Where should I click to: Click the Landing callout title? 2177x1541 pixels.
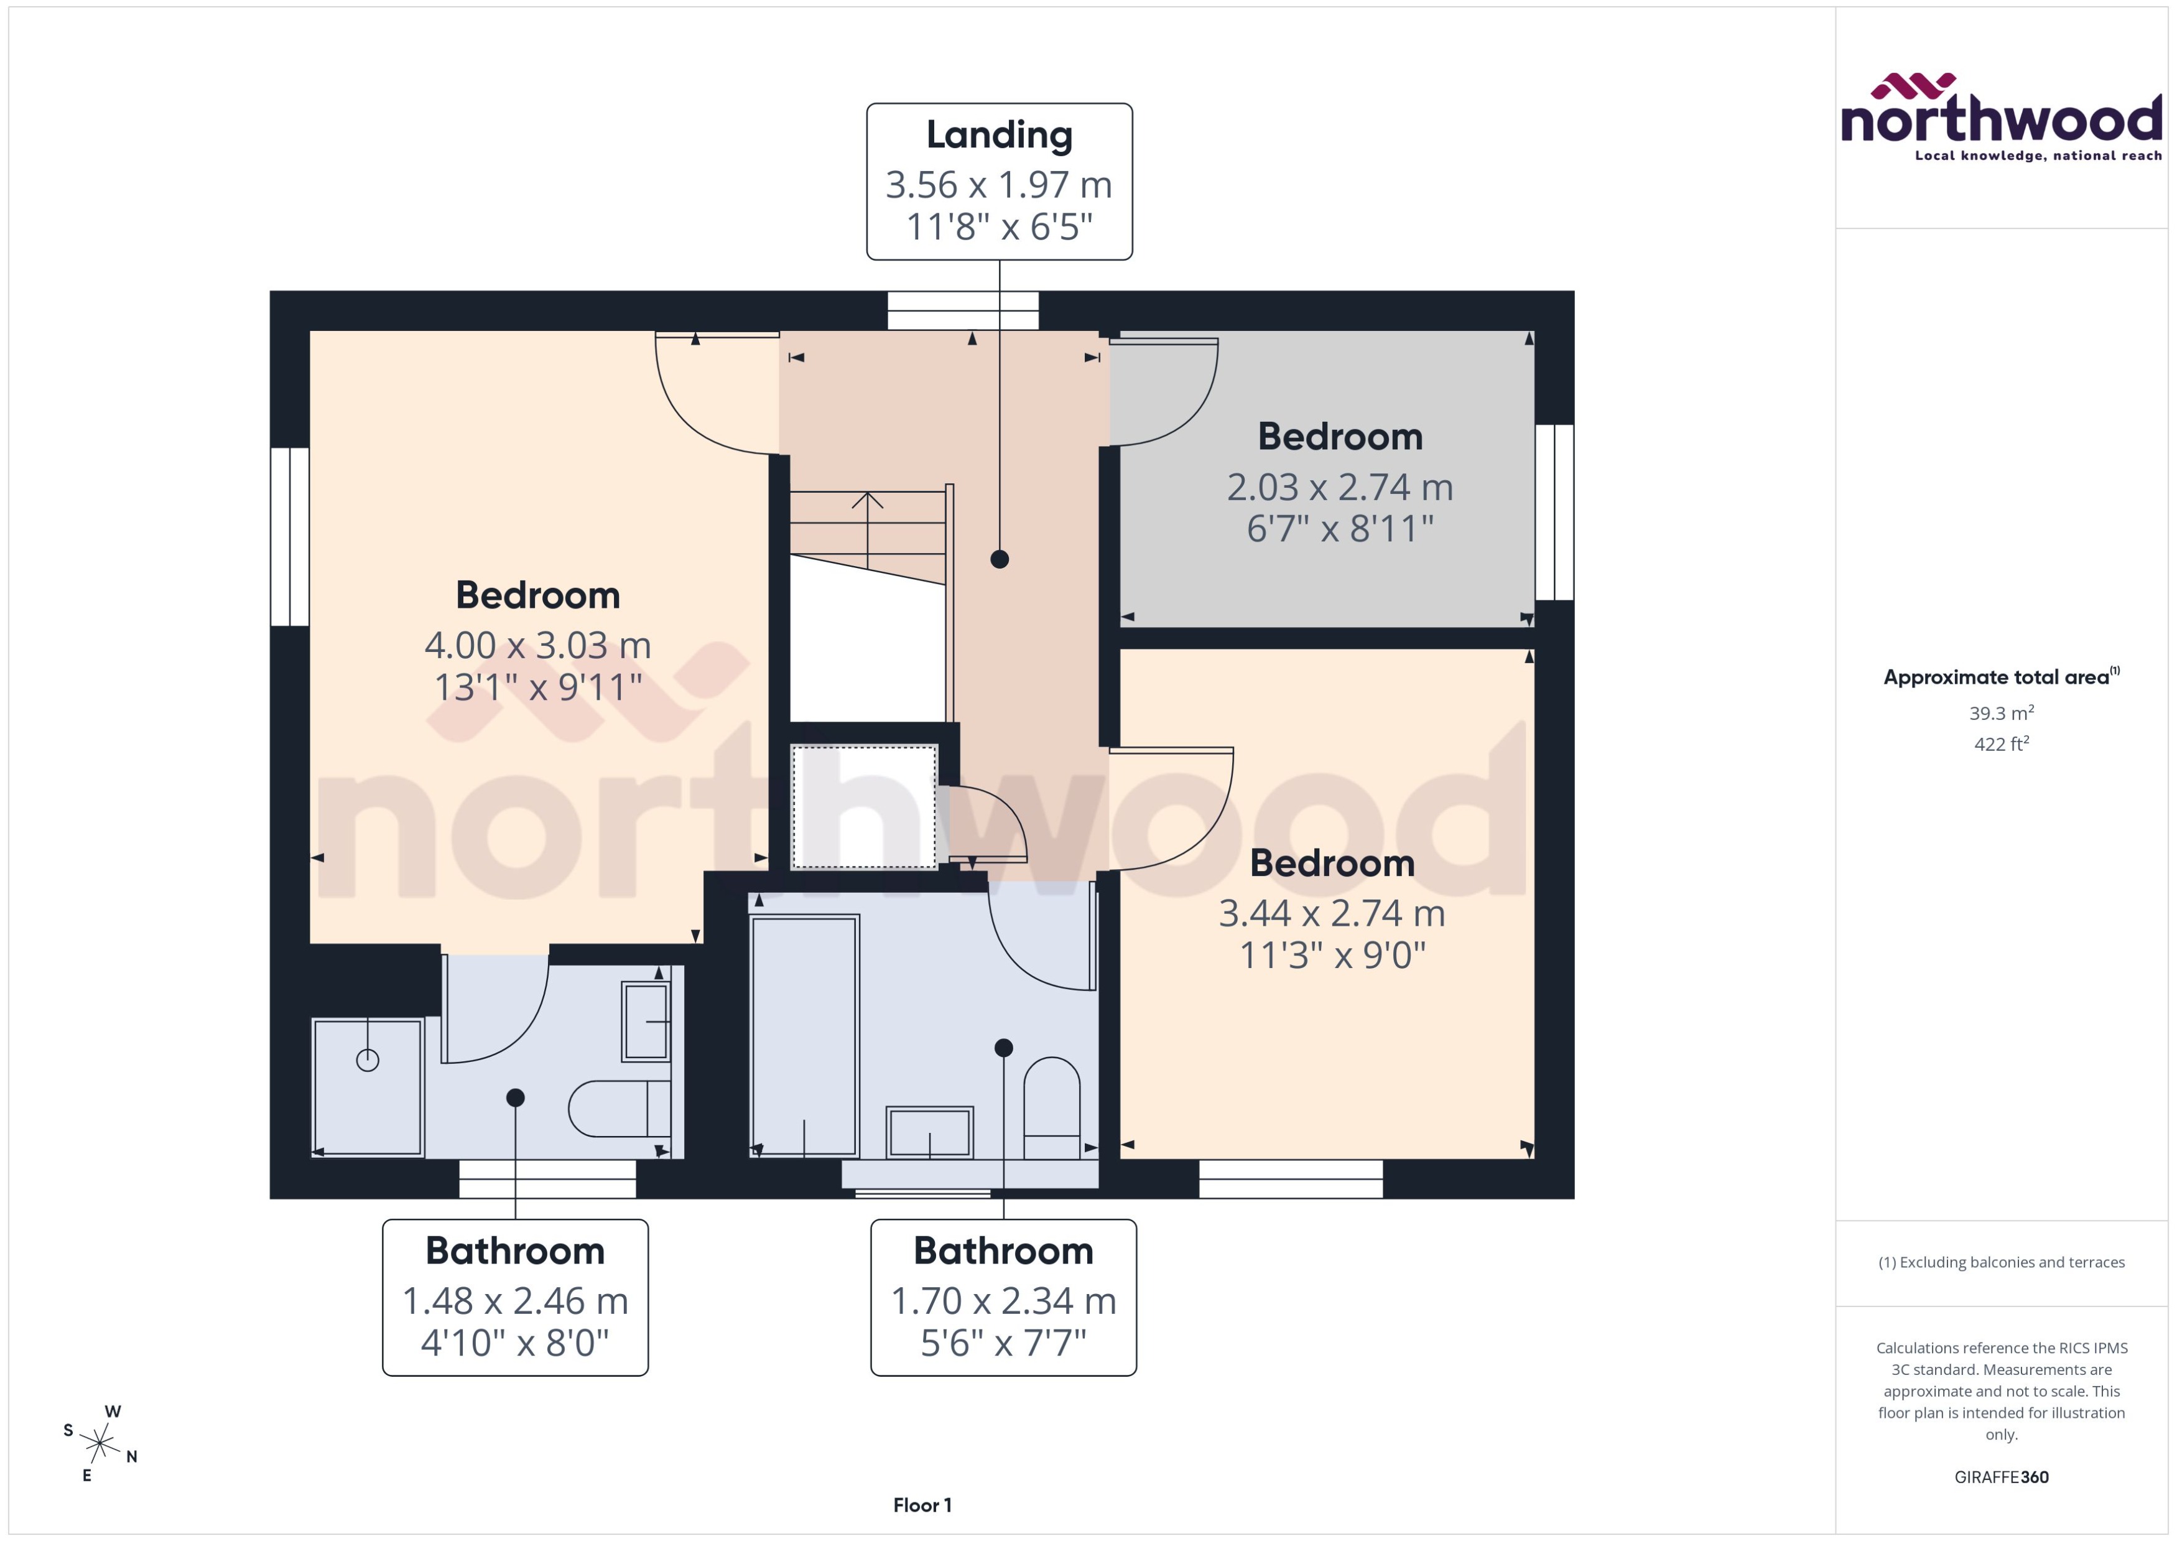coord(999,135)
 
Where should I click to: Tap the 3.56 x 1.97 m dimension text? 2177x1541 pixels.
coord(999,184)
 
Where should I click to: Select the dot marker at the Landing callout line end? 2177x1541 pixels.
coord(999,559)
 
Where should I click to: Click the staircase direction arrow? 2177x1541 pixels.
coord(867,500)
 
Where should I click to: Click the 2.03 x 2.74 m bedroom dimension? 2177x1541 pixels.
coord(1339,487)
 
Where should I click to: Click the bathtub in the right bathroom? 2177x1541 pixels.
coord(804,1035)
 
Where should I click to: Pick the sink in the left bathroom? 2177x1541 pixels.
coord(646,1021)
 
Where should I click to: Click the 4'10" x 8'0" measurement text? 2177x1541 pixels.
coord(515,1343)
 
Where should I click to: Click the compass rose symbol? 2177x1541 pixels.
coord(100,1443)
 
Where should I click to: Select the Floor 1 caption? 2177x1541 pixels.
coord(922,1505)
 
